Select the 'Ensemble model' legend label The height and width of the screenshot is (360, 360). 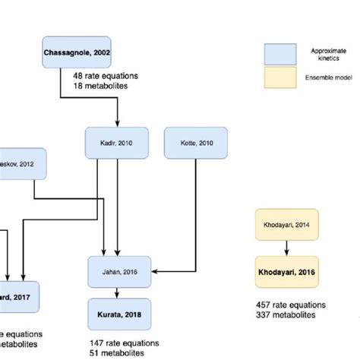[x=328, y=77]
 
